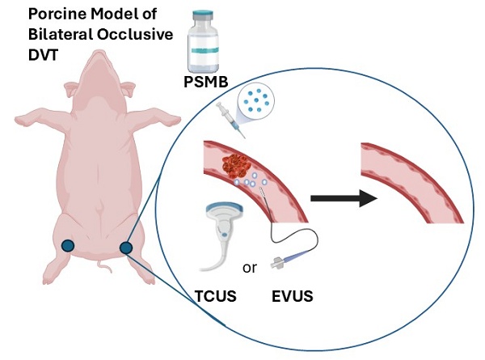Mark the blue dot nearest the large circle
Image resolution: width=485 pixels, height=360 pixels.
125,248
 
